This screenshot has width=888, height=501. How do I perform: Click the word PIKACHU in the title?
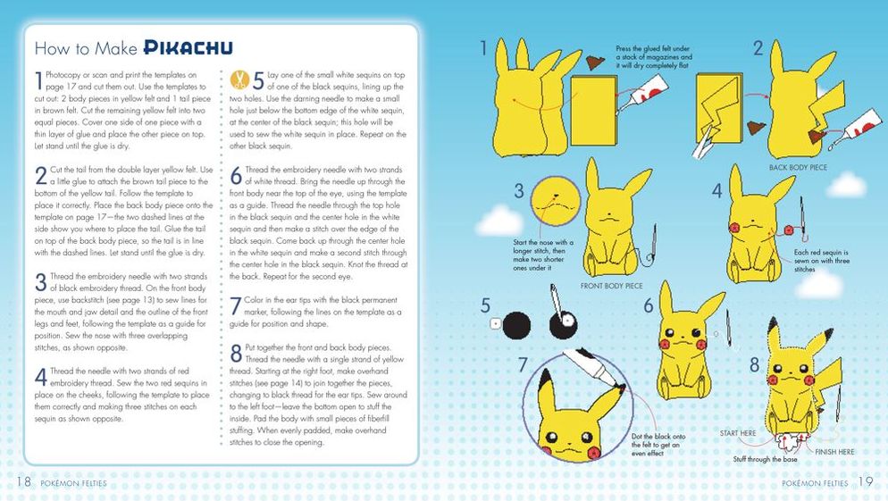pyautogui.click(x=188, y=47)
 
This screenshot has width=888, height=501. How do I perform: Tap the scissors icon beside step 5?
pyautogui.click(x=240, y=79)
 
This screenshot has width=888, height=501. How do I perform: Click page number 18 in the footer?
pyautogui.click(x=23, y=481)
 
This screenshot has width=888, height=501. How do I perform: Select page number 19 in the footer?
pyautogui.click(x=866, y=481)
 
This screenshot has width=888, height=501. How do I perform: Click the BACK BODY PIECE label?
pyautogui.click(x=798, y=168)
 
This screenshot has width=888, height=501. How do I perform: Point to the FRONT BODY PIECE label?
pyautogui.click(x=612, y=286)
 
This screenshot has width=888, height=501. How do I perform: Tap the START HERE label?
pyautogui.click(x=738, y=433)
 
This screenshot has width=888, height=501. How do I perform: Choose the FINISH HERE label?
pyautogui.click(x=834, y=452)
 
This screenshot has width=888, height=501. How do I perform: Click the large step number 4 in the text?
pyautogui.click(x=41, y=377)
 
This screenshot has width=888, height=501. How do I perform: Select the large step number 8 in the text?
pyautogui.click(x=236, y=354)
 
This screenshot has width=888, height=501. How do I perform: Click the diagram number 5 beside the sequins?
pyautogui.click(x=485, y=305)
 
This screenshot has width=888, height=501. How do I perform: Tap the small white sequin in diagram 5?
pyautogui.click(x=496, y=324)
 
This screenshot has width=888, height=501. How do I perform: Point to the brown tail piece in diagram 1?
pyautogui.click(x=595, y=62)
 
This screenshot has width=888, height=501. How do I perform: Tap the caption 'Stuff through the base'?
pyautogui.click(x=765, y=459)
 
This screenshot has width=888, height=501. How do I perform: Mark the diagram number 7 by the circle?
pyautogui.click(x=523, y=365)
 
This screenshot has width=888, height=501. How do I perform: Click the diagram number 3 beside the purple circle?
pyautogui.click(x=519, y=191)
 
